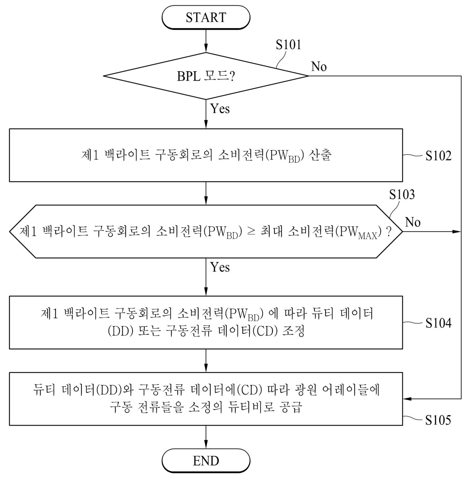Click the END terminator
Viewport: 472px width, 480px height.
[x=206, y=461]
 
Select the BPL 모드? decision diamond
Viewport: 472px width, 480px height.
[x=206, y=76]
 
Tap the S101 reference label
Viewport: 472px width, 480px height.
[x=288, y=45]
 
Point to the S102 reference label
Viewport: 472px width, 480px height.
[x=438, y=156]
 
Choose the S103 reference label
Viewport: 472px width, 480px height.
[x=402, y=195]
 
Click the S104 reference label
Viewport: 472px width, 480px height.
[x=438, y=323]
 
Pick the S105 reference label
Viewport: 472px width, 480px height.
[x=438, y=420]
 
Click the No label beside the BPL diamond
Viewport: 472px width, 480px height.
[x=319, y=67]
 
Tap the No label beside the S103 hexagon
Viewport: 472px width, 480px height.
[x=413, y=222]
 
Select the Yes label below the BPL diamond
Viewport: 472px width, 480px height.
[x=220, y=109]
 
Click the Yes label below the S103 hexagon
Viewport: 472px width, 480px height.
[x=220, y=267]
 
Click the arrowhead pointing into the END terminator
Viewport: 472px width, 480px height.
[x=206, y=444]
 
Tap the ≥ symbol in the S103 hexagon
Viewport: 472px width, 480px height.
[x=251, y=232]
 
